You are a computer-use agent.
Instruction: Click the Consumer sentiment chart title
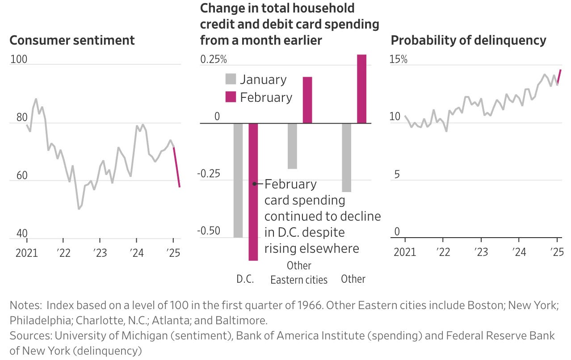click(72, 40)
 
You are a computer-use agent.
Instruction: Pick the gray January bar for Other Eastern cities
click(292, 146)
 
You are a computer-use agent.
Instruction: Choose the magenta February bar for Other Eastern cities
click(307, 100)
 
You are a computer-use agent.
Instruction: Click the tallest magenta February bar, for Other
click(361, 89)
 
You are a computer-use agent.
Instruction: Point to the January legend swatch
click(231, 80)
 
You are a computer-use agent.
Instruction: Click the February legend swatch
click(231, 97)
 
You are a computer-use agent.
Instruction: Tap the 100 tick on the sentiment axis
click(18, 59)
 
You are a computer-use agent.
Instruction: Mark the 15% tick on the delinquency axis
click(399, 59)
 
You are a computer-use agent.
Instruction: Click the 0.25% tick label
click(214, 59)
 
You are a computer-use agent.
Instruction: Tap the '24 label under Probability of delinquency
click(519, 253)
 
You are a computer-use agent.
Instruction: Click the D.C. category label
click(245, 280)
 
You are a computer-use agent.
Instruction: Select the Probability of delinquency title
click(468, 40)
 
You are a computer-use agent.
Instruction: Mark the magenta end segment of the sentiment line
click(176, 167)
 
